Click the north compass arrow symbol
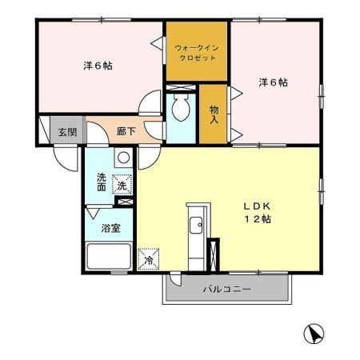[314, 334]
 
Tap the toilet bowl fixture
[181, 107]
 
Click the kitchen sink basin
[196, 225]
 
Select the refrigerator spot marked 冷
[149, 259]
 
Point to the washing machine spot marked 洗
[122, 184]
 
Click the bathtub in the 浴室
[109, 256]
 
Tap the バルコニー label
[227, 289]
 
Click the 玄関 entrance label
[68, 132]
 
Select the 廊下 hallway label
[126, 131]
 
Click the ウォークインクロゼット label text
[197, 53]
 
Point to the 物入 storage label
[214, 114]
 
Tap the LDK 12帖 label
[258, 213]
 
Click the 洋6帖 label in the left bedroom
[98, 66]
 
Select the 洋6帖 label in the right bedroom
[274, 82]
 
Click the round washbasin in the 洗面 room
[123, 158]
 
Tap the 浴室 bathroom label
[110, 228]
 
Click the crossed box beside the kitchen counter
[214, 255]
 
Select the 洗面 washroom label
[102, 182]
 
